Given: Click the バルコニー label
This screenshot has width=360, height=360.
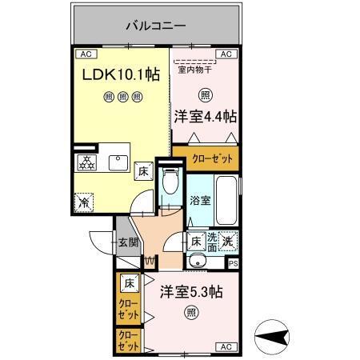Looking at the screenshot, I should click(x=156, y=26).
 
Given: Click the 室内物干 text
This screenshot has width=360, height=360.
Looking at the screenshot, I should click(x=195, y=70).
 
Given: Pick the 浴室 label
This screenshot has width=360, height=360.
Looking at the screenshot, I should click(x=200, y=201).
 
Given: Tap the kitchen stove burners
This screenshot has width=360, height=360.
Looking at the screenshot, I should click(x=85, y=162).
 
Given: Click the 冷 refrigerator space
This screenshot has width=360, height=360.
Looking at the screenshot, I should click(x=83, y=203).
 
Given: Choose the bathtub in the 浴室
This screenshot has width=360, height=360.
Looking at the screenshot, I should click(x=226, y=202).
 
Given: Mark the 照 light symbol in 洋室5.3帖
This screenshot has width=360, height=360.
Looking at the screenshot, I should click(x=190, y=312).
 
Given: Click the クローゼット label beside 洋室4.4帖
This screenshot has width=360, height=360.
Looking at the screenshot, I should click(x=212, y=158).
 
